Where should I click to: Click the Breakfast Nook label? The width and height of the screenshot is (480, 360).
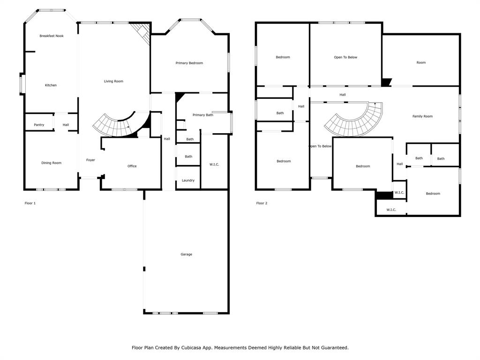(x=52, y=36)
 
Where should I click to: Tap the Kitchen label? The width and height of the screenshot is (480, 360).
(x=51, y=85)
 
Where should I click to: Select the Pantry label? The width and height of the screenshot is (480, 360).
(x=39, y=125)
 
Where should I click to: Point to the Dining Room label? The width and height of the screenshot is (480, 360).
(x=52, y=163)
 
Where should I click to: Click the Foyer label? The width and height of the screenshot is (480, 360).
(x=90, y=160)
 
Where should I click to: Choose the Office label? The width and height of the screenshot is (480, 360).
(x=132, y=166)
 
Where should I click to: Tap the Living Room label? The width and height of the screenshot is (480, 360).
(x=113, y=82)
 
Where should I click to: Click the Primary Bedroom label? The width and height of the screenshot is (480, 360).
(x=189, y=63)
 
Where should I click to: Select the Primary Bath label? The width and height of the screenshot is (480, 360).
(x=202, y=115)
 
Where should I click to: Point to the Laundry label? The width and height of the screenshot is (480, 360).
(x=188, y=180)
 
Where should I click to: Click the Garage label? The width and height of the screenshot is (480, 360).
(x=186, y=255)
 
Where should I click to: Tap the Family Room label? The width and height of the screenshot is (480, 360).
(x=422, y=116)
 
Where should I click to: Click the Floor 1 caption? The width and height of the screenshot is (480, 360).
(x=30, y=203)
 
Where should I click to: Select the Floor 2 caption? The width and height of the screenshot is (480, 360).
(x=262, y=203)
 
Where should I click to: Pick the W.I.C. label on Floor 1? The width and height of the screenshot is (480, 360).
(x=214, y=165)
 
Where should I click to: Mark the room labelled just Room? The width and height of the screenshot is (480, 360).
(x=421, y=62)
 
